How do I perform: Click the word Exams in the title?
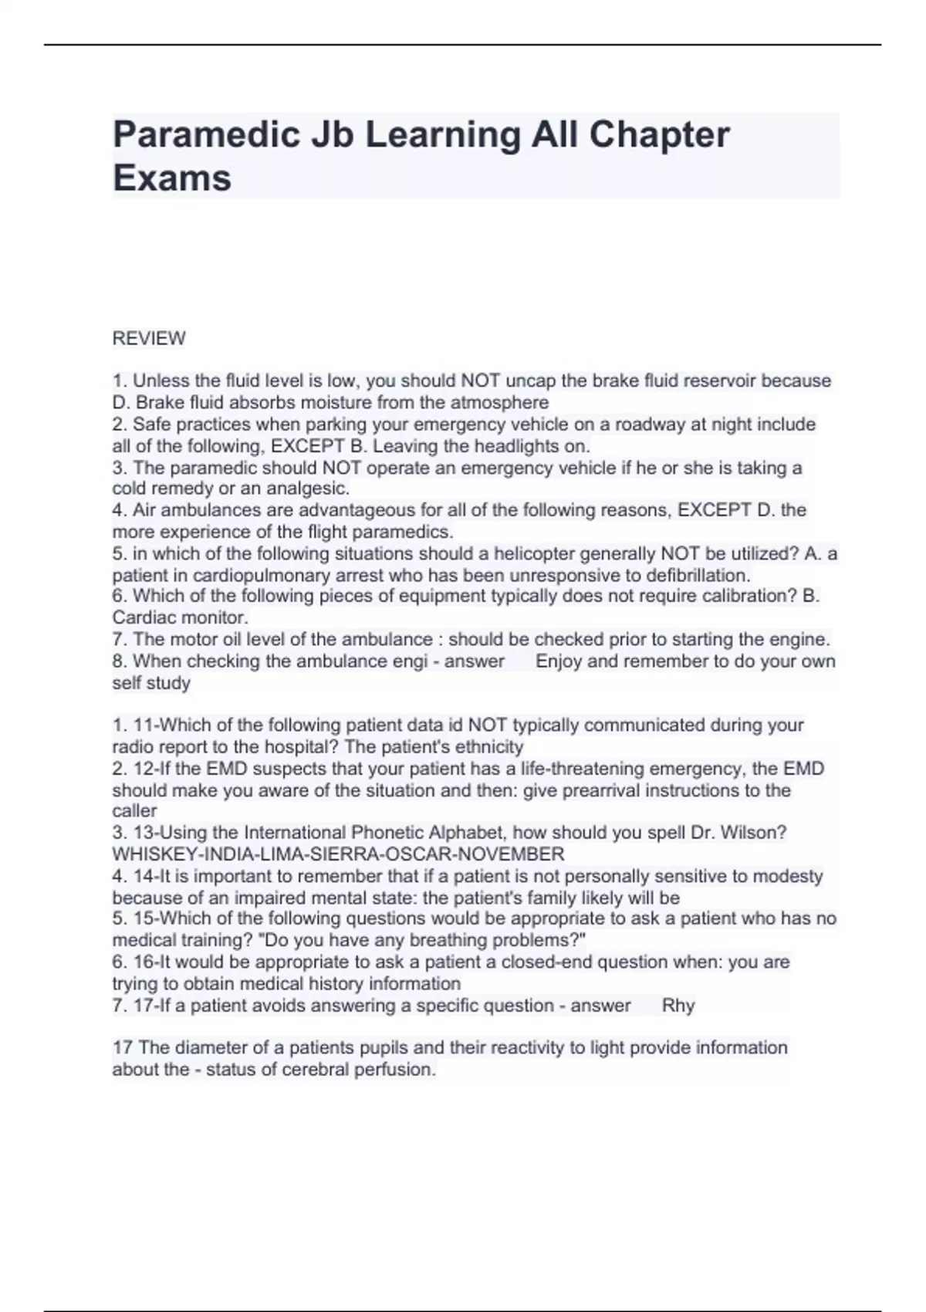coord(172,178)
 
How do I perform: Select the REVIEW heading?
coord(149,338)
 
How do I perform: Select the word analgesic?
coord(308,489)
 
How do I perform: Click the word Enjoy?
coord(559,661)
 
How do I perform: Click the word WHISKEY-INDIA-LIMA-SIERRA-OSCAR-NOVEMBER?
coord(338,854)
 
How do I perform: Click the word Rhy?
coord(678,1005)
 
